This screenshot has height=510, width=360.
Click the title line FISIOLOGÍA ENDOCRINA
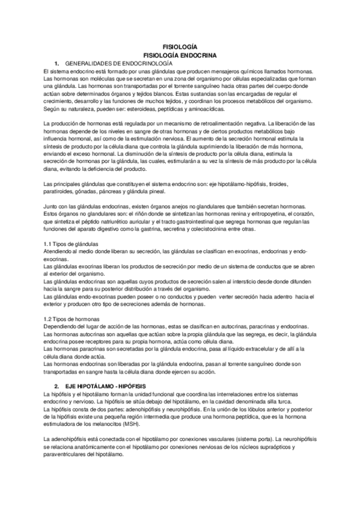pos(180,54)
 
